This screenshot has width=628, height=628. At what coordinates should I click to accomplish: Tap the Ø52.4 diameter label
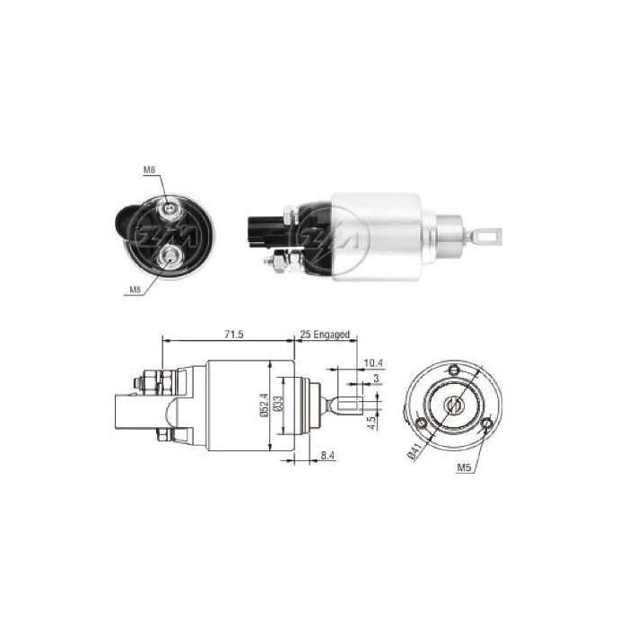click(262, 406)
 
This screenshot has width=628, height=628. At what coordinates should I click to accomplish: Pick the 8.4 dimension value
click(328, 457)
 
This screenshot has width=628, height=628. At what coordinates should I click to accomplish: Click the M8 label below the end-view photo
click(135, 288)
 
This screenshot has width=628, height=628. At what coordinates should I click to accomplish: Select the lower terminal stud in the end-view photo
click(168, 259)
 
